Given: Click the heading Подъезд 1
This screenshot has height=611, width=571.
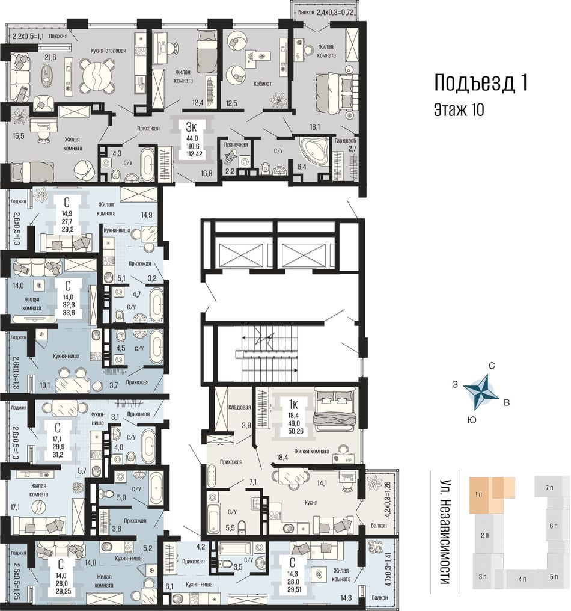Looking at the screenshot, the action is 481,82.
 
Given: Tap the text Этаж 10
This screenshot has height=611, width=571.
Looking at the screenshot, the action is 459,109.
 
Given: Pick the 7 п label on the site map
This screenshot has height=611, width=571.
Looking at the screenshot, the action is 549,488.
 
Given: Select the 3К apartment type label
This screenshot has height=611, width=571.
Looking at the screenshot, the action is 192,127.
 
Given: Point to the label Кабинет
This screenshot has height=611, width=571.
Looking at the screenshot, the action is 263,84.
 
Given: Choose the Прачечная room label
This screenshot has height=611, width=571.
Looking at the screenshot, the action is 236,144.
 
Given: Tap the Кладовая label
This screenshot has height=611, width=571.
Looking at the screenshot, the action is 240,407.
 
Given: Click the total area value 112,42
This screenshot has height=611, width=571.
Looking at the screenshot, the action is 192,153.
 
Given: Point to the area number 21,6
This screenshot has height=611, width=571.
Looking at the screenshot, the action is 50,57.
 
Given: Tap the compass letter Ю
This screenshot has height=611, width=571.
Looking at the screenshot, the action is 471,420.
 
